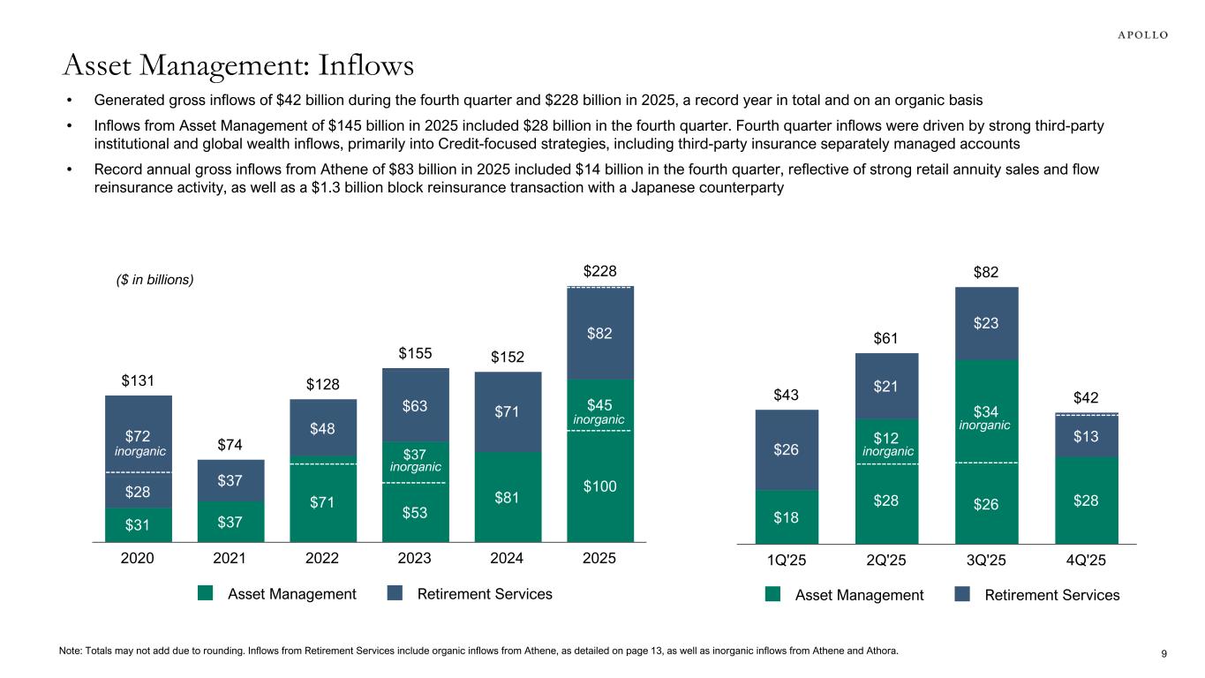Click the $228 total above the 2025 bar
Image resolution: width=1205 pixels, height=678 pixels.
point(600,270)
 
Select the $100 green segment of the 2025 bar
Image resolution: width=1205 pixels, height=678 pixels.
point(600,486)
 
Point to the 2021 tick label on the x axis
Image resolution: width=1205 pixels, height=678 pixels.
point(230,559)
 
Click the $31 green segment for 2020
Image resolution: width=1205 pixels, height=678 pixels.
point(138,524)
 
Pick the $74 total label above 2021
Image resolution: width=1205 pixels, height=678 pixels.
point(230,445)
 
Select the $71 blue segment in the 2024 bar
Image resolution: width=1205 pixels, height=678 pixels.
point(508,411)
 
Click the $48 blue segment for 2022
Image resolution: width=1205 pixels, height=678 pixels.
point(323,428)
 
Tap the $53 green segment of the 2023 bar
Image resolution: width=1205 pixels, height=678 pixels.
point(415,512)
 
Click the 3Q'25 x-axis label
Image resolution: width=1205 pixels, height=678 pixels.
point(987,561)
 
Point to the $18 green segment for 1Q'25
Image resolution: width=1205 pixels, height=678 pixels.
point(787,517)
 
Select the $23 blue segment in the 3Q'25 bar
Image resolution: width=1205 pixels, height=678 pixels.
point(987,323)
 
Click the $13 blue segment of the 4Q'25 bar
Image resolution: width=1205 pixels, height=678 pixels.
point(1087,435)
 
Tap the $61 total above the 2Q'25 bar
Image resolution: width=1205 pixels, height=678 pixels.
point(887,337)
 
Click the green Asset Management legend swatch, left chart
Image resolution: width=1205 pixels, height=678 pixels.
point(206,594)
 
